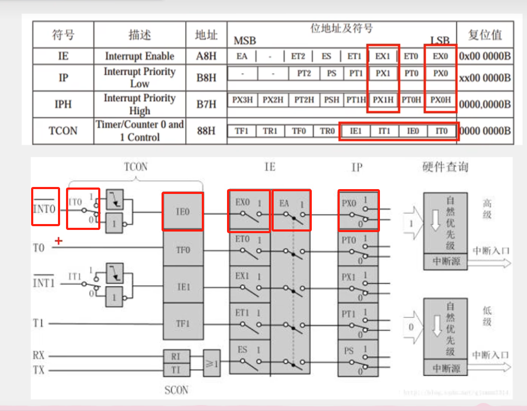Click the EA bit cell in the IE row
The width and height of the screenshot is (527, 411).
[x=242, y=56]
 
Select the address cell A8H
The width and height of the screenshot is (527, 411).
[x=206, y=56]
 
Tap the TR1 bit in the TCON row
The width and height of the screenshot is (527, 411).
[x=270, y=131]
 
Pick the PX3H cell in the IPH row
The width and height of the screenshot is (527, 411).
[x=243, y=100]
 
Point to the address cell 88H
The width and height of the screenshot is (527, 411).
[x=206, y=131]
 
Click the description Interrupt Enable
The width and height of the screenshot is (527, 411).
[x=140, y=56]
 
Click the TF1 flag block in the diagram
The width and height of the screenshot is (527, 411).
[x=183, y=324]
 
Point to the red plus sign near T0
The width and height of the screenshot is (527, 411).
[x=58, y=241]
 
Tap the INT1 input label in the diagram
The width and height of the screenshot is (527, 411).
[x=44, y=283]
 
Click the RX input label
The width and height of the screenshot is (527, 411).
[x=39, y=355]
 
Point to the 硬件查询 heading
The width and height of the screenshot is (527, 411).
[x=445, y=167]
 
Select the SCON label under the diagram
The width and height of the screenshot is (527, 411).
[x=177, y=390]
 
